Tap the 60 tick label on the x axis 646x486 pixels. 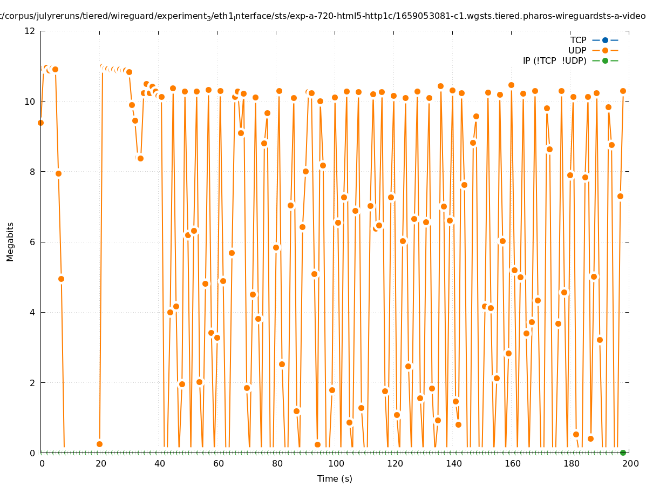(218, 463)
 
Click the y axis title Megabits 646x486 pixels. (10, 241)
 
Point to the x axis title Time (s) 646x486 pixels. (335, 478)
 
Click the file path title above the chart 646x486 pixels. (323, 16)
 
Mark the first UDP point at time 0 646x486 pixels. (40, 123)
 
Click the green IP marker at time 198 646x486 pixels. (623, 453)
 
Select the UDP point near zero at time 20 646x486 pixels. (99, 444)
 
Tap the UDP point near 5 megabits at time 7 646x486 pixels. (61, 279)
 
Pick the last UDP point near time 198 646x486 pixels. (623, 91)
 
